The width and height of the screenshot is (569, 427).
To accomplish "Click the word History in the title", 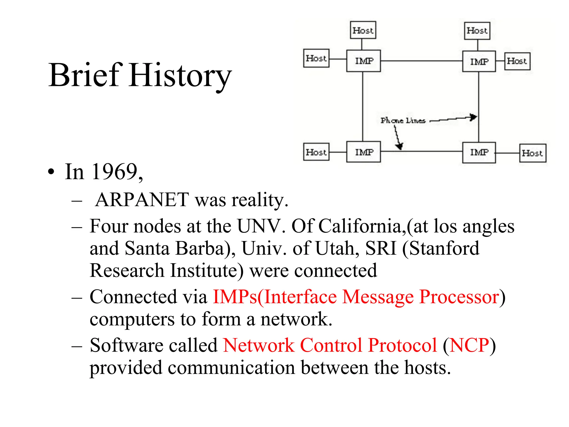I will (x=180, y=76).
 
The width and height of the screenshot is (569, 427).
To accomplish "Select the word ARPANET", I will (x=142, y=200).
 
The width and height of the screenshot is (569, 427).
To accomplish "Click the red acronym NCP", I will (x=469, y=346).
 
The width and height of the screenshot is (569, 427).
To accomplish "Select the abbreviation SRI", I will (x=380, y=248).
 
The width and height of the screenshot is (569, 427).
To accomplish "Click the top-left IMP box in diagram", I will (x=363, y=61).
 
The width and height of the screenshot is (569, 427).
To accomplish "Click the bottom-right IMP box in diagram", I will (x=479, y=152).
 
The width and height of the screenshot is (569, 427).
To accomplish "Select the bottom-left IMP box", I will (x=363, y=152).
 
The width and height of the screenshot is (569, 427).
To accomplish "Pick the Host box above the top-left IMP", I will (x=363, y=30).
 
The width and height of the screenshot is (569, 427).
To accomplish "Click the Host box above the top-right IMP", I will (x=477, y=31).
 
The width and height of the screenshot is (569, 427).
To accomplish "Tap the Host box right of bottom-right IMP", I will (x=532, y=153).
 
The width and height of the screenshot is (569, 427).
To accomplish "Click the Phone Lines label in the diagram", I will (x=403, y=120).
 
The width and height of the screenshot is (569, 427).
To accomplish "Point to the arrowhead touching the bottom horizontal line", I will (x=400, y=146).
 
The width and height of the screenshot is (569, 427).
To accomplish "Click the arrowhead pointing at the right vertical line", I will (x=473, y=117).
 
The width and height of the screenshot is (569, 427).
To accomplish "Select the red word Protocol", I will (x=402, y=346).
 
